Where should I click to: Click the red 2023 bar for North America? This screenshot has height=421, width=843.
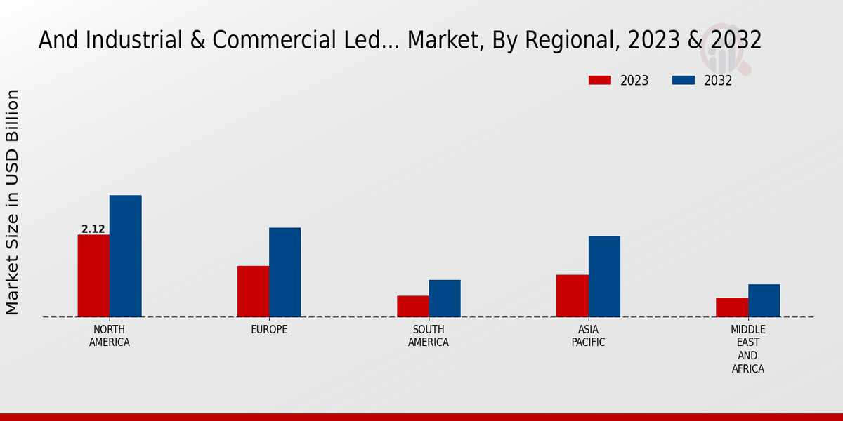(93, 276)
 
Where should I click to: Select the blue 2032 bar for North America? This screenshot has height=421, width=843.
(125, 256)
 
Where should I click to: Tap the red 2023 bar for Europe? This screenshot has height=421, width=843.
(253, 291)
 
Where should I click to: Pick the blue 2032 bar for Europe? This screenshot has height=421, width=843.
(285, 272)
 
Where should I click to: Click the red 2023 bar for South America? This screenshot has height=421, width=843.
(412, 306)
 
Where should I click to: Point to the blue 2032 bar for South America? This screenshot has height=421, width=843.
(445, 298)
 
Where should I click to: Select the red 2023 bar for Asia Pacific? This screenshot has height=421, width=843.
(572, 295)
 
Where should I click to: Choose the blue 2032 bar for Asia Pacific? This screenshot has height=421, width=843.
(604, 276)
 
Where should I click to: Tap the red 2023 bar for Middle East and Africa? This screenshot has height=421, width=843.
(732, 307)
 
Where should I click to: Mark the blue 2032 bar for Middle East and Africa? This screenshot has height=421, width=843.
(764, 300)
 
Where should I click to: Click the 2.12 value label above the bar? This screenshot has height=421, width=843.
(93, 229)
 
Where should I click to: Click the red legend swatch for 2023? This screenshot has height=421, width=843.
(600, 81)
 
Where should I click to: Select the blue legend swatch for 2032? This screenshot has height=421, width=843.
(684, 81)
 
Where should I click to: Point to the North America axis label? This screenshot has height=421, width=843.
(110, 336)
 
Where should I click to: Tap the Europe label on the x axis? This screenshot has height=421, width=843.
(269, 330)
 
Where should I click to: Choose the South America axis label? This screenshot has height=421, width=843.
(429, 336)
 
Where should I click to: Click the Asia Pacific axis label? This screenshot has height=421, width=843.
(588, 336)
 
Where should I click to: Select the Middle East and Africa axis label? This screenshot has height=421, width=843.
(747, 349)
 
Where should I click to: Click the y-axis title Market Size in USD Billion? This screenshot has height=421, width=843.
(13, 202)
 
